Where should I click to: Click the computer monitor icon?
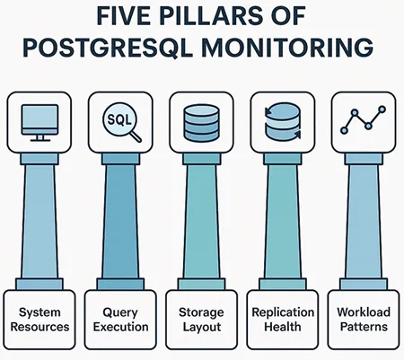pos(39,119)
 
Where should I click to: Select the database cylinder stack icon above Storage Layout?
pos(202,119)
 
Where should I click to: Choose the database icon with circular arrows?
pos(282,119)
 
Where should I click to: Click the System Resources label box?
pos(40,320)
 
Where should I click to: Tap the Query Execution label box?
pos(120,320)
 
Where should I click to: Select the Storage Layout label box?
pos(201,320)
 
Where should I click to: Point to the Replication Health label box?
pos(283,320)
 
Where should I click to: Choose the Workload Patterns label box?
pos(364,320)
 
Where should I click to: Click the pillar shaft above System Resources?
pos(40,224)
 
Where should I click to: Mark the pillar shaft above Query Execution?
pos(120,224)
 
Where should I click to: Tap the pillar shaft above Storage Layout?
pos(201,224)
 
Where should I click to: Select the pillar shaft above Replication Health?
pos(282,224)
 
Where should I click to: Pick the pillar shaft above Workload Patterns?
pos(363,224)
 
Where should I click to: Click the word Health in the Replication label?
pos(283,328)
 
